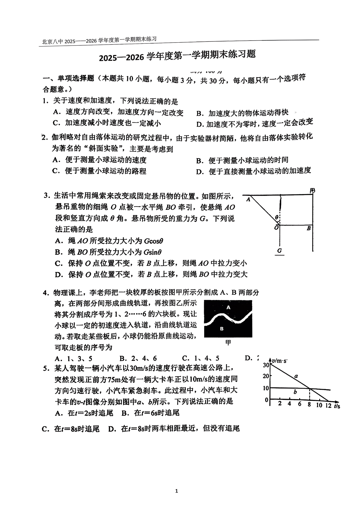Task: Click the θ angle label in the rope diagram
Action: (x=276, y=217)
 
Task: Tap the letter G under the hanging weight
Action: (x=280, y=250)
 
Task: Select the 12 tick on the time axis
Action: (x=329, y=405)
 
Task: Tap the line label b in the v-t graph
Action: (x=295, y=392)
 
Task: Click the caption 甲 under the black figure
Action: (x=228, y=342)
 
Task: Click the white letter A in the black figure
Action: (x=228, y=307)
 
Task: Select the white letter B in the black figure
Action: (x=222, y=328)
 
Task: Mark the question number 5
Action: (x=46, y=368)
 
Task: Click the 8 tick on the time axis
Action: (x=309, y=405)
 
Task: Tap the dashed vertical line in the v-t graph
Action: (x=309, y=394)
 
